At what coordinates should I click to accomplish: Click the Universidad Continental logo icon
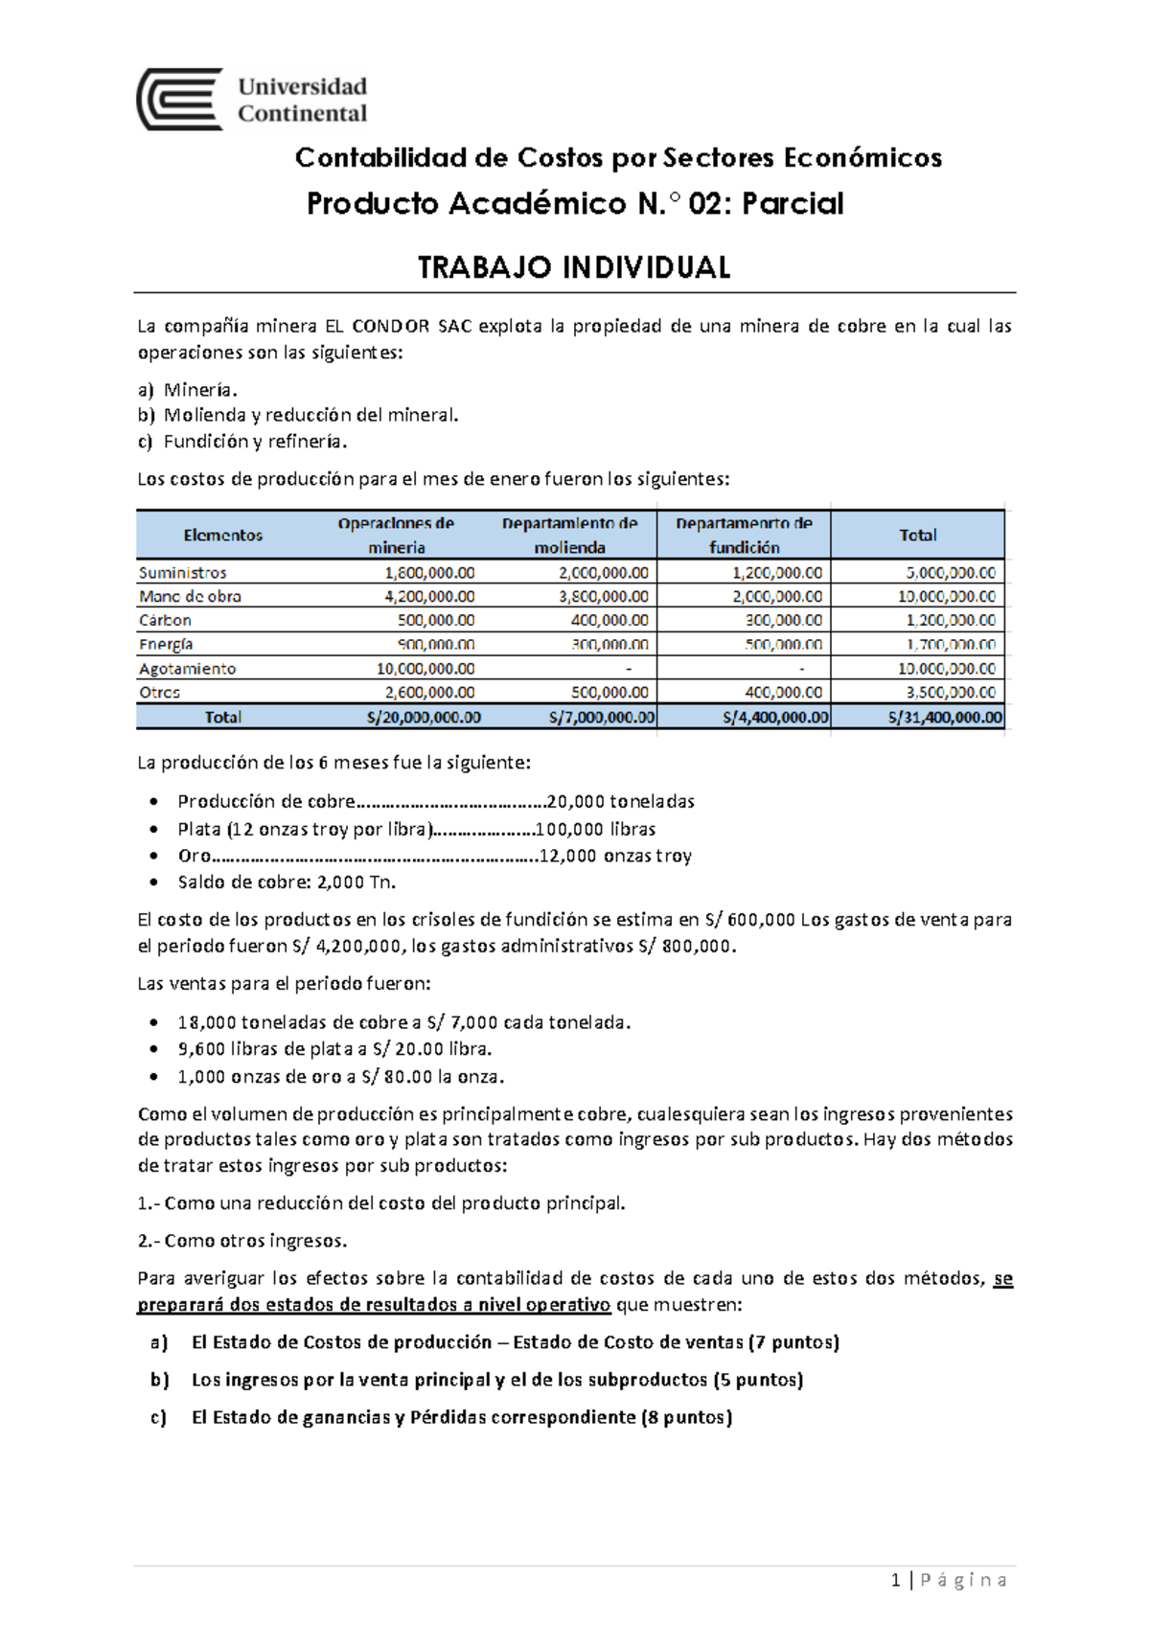tap(180, 100)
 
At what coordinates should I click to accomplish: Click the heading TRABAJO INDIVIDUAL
tap(574, 267)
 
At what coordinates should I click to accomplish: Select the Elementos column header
tap(222, 536)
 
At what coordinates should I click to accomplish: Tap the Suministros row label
tap(183, 572)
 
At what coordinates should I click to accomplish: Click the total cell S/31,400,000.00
tap(944, 717)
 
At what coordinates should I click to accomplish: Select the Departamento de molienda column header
tap(569, 535)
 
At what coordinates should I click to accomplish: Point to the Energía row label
tap(166, 644)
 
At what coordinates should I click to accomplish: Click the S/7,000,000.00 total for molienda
tap(602, 717)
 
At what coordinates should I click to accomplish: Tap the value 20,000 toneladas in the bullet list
tap(620, 801)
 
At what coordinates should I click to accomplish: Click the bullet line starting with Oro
tap(434, 856)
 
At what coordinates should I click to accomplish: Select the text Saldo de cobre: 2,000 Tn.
tap(287, 881)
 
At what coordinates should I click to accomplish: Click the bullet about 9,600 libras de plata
tap(334, 1049)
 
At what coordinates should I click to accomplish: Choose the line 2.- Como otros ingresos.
tap(242, 1241)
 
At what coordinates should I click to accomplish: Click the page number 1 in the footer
tap(895, 1580)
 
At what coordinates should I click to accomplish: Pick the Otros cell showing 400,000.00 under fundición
tap(783, 692)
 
